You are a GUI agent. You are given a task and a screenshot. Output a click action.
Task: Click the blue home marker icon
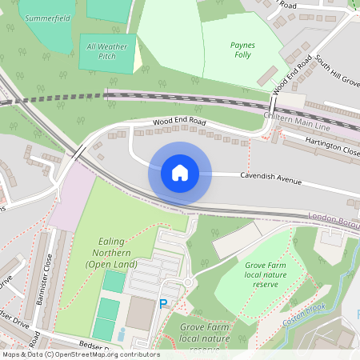point(180,173)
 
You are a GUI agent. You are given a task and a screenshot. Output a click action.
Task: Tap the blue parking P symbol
point(164,304)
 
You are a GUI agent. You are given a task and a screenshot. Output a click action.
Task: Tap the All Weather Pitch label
point(106,52)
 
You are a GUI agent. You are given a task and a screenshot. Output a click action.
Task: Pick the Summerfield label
point(47,17)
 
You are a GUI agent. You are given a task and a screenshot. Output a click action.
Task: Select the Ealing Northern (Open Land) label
point(111,253)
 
